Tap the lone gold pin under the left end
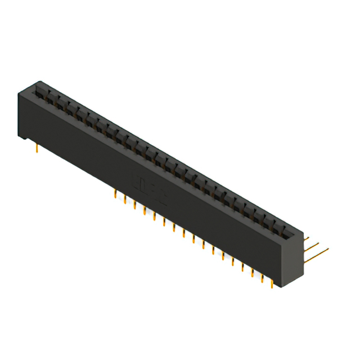[37, 147]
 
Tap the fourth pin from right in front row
[243, 265]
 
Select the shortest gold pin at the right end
[307, 238]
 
